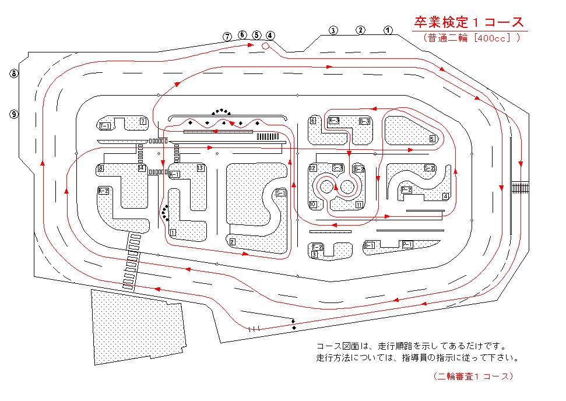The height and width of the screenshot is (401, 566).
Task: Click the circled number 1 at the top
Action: click(x=388, y=30)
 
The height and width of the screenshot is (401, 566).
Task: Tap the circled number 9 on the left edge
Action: click(x=14, y=114)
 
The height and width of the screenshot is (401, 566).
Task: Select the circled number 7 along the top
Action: click(x=228, y=36)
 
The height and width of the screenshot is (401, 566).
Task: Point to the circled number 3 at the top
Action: click(x=333, y=30)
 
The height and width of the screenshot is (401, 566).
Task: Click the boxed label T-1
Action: click(x=105, y=125)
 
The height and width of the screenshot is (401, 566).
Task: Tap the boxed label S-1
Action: click(x=280, y=193)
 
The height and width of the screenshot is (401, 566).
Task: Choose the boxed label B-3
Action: click(x=364, y=121)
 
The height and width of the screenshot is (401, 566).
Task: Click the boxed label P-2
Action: click(x=406, y=189)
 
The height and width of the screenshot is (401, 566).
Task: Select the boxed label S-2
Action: click(x=429, y=168)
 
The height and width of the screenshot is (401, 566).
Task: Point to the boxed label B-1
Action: click(x=369, y=245)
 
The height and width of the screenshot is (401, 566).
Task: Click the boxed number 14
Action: click(x=141, y=168)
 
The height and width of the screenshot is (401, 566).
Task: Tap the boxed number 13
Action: click(x=200, y=168)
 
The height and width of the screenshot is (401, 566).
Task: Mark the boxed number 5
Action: click(x=432, y=139)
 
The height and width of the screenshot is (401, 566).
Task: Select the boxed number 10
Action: click(x=313, y=205)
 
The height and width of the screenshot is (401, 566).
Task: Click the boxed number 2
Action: click(x=232, y=242)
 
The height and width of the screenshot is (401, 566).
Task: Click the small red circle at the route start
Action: click(x=265, y=45)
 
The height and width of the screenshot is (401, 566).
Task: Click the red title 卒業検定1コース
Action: click(x=469, y=23)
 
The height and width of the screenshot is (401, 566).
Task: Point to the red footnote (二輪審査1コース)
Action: click(x=473, y=377)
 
